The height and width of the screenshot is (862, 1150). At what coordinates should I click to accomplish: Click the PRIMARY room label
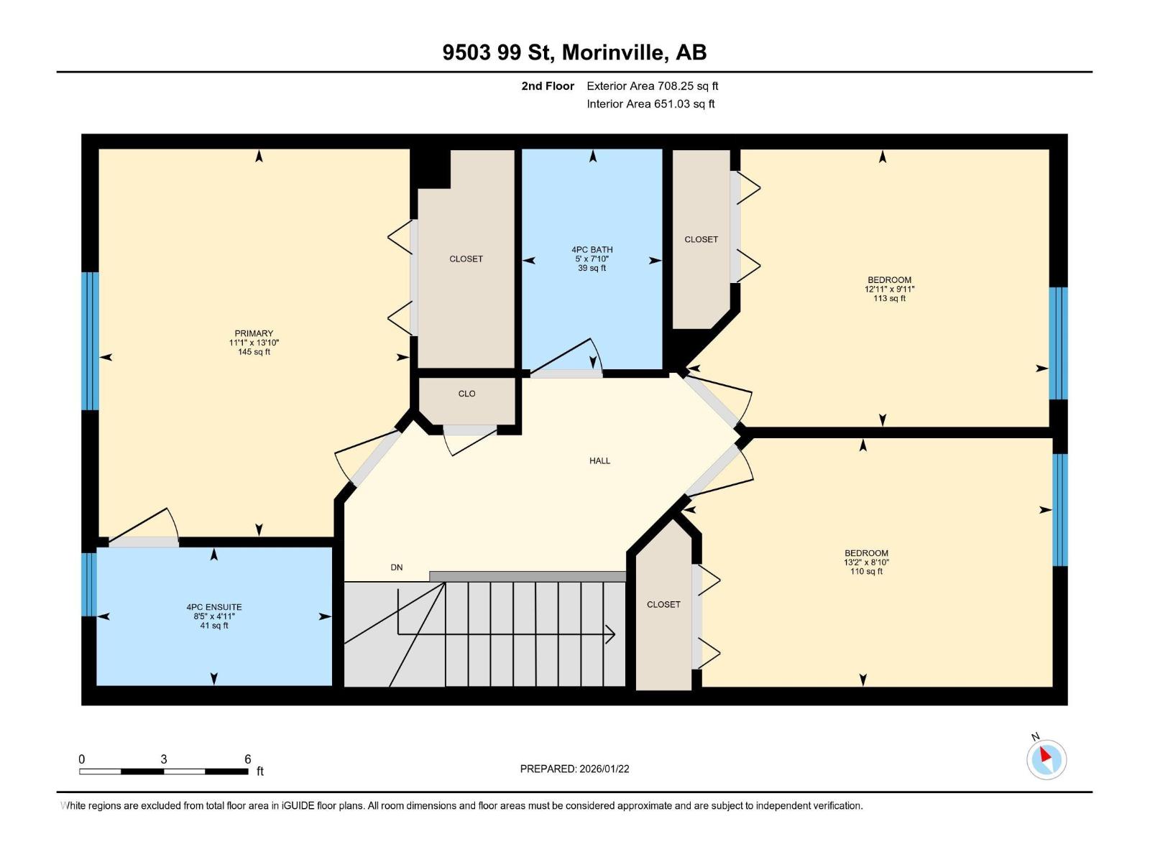tap(254, 333)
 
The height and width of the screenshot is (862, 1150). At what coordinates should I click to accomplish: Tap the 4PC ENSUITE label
tap(214, 607)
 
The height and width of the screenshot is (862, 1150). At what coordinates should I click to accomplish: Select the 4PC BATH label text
tap(592, 250)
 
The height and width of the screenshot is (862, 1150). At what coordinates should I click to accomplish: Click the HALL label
tap(599, 461)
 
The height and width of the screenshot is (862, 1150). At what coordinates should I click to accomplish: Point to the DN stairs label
tap(397, 567)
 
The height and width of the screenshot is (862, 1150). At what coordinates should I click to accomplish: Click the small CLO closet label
tap(466, 394)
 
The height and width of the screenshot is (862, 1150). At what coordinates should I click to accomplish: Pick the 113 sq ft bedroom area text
tap(889, 299)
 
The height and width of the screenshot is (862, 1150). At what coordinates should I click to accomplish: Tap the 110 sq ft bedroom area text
tap(866, 572)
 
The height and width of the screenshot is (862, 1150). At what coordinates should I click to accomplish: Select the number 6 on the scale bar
tap(247, 759)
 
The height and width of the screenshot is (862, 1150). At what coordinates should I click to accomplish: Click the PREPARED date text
tap(574, 769)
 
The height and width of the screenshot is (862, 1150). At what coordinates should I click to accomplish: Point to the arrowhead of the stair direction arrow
tap(611, 634)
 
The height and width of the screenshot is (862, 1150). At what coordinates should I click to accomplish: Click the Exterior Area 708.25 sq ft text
tap(652, 86)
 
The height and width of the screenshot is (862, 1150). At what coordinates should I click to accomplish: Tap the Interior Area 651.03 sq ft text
tap(650, 104)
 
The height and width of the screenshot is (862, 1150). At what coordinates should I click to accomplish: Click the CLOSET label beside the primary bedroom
tap(466, 259)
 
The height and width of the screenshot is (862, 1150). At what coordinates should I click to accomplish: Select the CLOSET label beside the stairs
tap(663, 605)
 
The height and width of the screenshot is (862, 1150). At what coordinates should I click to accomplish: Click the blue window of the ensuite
tap(88, 584)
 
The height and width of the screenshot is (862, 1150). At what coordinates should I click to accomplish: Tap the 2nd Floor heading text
tap(548, 86)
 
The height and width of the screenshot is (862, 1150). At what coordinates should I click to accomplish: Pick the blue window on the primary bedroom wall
tap(90, 340)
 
